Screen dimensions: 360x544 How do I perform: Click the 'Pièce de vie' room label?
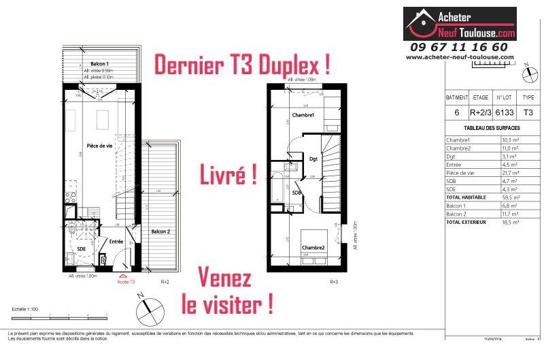99,146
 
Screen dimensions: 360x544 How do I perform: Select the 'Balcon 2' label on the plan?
161,231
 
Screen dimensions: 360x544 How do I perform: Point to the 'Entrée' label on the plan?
116,241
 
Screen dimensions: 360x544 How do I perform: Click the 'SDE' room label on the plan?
81,249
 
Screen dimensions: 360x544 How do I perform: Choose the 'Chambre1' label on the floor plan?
303,116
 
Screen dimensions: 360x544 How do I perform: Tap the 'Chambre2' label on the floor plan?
313,247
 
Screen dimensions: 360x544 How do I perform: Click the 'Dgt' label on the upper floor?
313,159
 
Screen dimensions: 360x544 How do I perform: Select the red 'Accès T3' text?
126,281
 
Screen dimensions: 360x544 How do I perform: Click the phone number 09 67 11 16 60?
459,47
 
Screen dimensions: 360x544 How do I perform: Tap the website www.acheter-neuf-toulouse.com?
460,57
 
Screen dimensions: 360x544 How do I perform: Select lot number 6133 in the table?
503,112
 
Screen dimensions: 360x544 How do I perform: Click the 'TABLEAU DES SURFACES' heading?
492,128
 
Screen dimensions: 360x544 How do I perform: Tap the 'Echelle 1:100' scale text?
25,309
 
